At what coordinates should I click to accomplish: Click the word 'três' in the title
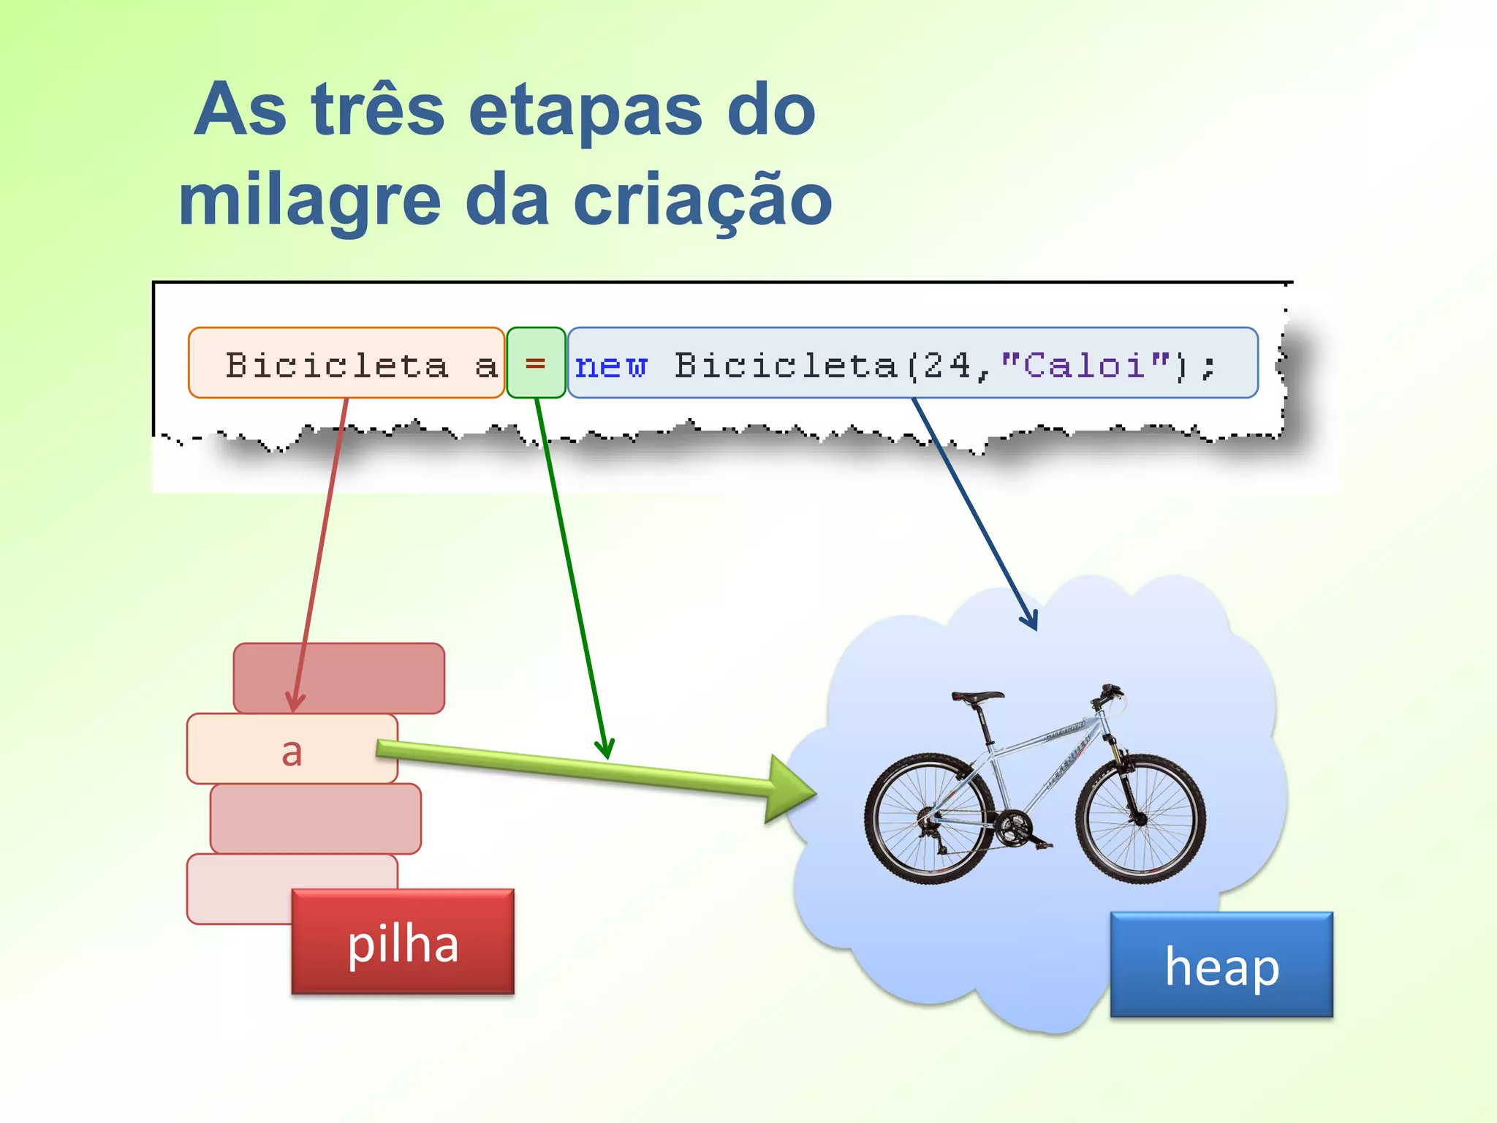(377, 111)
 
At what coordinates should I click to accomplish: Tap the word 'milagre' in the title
(310, 202)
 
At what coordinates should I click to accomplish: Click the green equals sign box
(536, 363)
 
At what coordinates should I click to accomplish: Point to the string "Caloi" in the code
(1085, 365)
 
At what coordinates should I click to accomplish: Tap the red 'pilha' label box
(403, 942)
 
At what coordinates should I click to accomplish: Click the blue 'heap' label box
(1221, 965)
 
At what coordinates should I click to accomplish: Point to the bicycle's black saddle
(977, 697)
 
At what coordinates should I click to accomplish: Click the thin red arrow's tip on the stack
(294, 707)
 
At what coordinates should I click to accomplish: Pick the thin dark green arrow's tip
(606, 755)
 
